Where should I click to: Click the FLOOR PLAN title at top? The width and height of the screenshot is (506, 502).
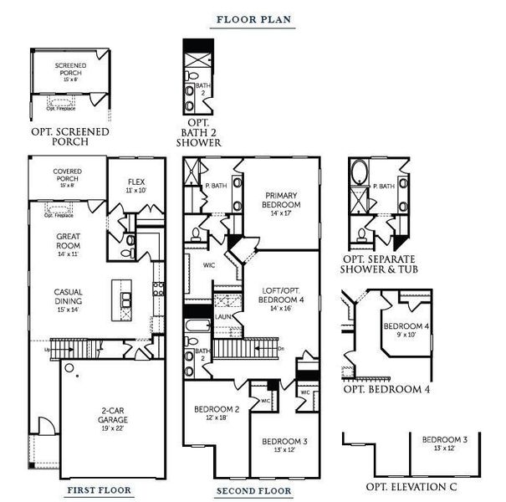(x=253, y=19)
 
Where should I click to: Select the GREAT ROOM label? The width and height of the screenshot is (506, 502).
(x=69, y=242)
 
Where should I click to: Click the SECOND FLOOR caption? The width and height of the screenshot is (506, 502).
(x=253, y=491)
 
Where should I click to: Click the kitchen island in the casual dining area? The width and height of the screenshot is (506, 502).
(x=124, y=294)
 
